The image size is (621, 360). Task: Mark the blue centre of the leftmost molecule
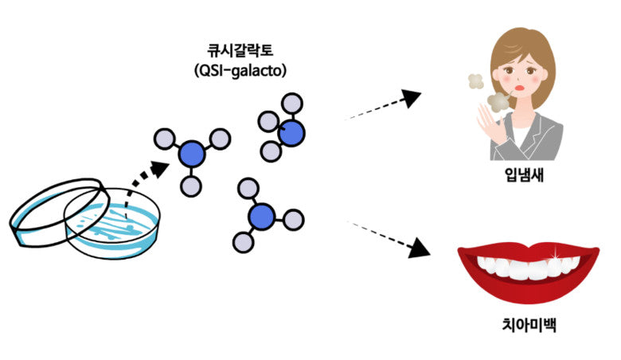coord(191,153)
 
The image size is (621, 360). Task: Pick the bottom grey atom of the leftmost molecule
coord(190,186)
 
